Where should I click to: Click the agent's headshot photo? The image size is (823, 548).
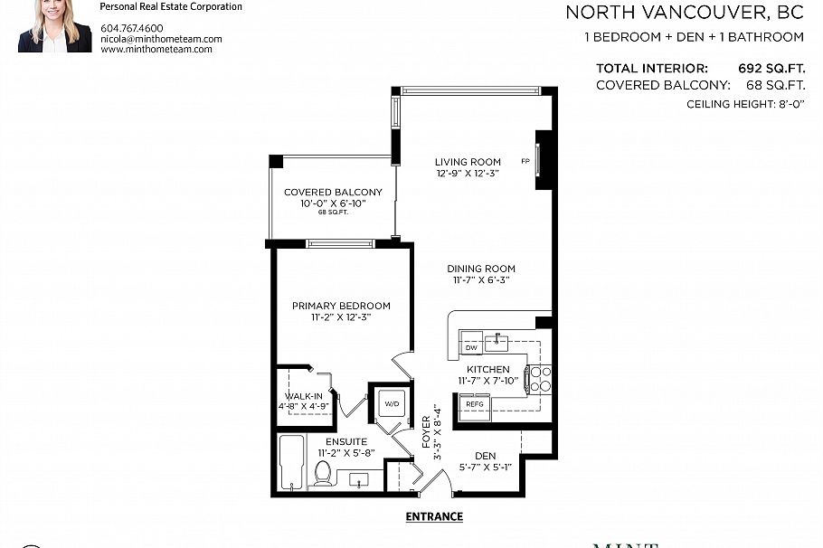(x=54, y=25)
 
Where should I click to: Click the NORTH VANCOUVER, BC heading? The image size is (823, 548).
(x=685, y=13)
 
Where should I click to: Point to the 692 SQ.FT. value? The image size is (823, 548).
(x=771, y=68)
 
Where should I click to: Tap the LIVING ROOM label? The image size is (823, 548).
(x=467, y=163)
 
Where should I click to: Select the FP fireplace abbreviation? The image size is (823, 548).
(x=525, y=162)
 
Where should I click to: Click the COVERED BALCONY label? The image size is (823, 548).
(x=333, y=193)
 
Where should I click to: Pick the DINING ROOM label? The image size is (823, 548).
(x=480, y=269)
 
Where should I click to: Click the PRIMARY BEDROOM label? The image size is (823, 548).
(x=341, y=306)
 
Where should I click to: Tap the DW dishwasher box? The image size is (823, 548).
(x=470, y=347)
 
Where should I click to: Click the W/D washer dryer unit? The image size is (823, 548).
(x=392, y=403)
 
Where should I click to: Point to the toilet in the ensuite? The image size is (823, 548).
(x=322, y=472)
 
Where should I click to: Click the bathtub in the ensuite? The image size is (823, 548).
(x=291, y=462)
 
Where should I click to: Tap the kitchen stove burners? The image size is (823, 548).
(x=540, y=379)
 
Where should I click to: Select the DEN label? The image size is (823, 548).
(x=484, y=456)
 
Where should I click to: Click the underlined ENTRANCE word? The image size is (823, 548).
(x=435, y=516)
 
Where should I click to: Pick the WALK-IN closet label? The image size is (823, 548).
(x=303, y=396)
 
